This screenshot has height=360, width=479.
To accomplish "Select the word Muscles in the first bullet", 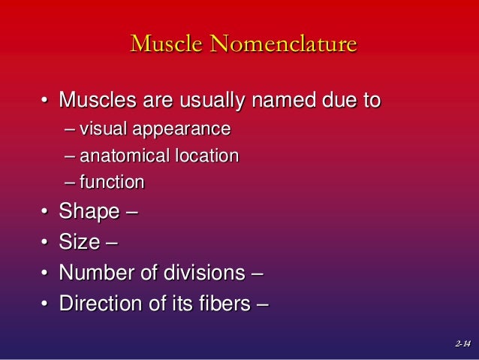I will tap(95, 100).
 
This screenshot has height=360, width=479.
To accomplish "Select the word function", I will tap(112, 182).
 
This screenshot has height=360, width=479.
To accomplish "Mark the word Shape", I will tap(89, 213).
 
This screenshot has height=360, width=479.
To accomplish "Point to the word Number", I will tap(93, 274).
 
